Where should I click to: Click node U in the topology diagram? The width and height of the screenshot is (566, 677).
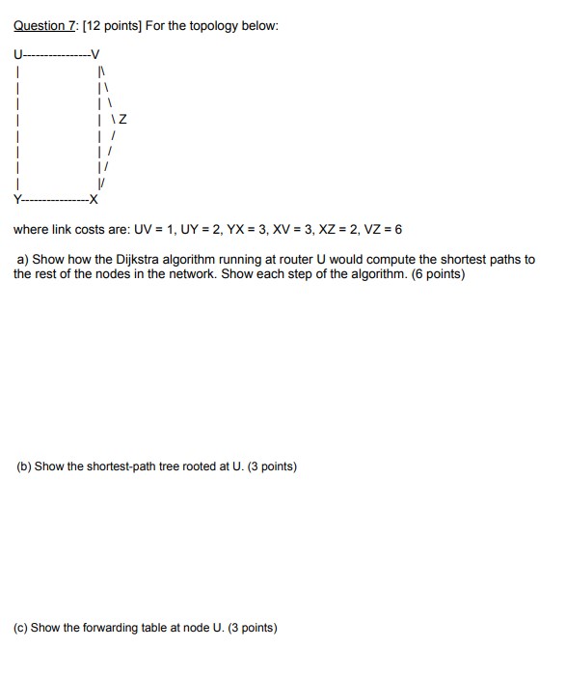17,53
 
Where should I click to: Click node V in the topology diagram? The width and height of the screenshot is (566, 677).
94,53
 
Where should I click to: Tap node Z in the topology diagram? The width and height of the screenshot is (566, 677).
122,120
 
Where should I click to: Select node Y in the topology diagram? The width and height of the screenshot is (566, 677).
17,202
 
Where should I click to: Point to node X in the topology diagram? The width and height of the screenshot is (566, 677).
94,202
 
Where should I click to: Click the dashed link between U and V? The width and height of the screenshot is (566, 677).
55,53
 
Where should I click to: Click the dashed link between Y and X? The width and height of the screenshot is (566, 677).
55,202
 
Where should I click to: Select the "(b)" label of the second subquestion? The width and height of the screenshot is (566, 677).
24,466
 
